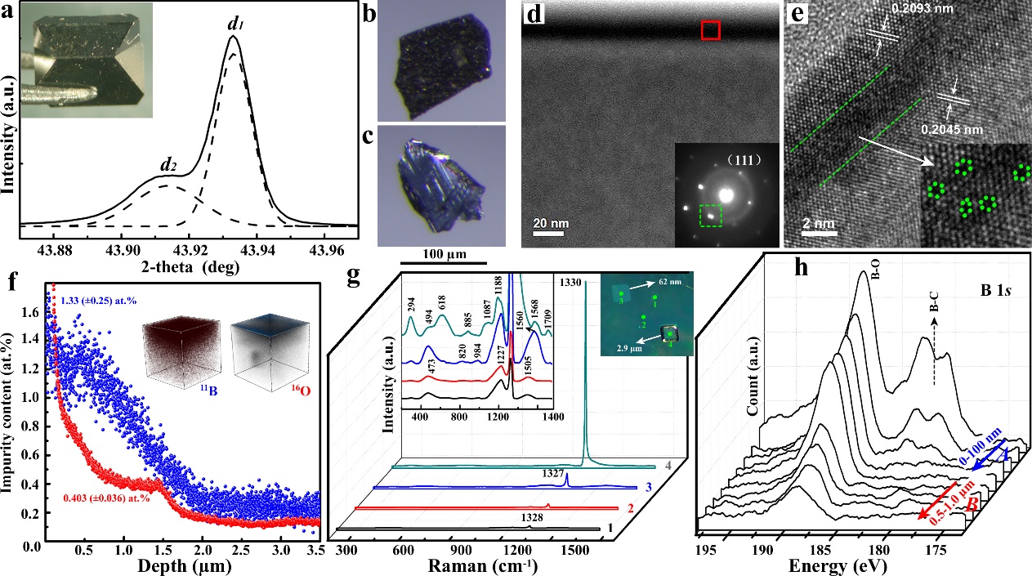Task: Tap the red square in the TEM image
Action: click(711, 30)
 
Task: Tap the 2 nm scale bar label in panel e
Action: click(816, 223)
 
